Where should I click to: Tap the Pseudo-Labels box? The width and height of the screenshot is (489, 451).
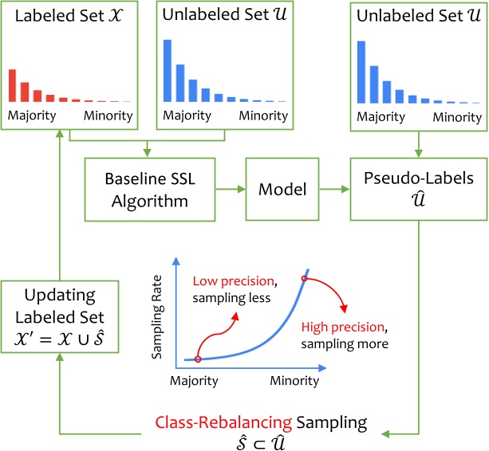(x=417, y=190)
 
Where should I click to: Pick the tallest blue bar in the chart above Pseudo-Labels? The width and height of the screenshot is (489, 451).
(x=361, y=72)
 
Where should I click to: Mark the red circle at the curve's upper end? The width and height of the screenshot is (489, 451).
(x=304, y=279)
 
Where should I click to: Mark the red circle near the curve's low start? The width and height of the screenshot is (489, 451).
(x=197, y=359)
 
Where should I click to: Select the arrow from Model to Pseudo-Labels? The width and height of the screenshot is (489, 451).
(x=334, y=190)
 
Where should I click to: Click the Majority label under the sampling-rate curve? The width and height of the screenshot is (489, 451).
(x=194, y=381)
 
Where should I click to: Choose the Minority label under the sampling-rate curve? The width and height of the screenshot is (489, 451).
(x=294, y=381)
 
